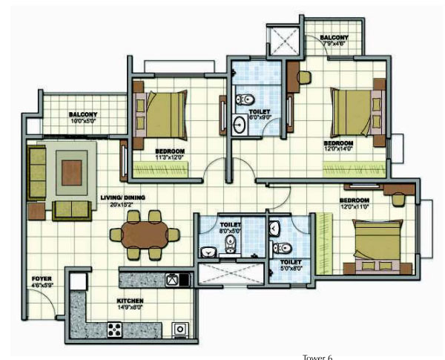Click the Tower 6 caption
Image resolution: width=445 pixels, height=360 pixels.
tap(318, 356)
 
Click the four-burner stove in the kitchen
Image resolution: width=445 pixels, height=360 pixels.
tap(115, 327)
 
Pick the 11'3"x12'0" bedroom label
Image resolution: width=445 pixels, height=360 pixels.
tap(170, 154)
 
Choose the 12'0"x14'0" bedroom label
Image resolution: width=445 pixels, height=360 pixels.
tap(338, 146)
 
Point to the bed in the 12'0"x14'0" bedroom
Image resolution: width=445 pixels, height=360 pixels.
tap(355, 111)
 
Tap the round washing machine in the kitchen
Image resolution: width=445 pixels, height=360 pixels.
tap(179, 328)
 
